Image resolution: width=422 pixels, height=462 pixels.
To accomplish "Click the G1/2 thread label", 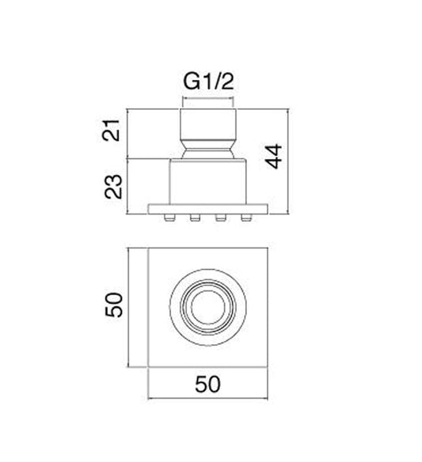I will [210, 81].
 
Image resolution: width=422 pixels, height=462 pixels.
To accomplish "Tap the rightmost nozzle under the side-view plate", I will [253, 217].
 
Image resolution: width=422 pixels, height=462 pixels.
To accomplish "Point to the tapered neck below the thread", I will [209, 148].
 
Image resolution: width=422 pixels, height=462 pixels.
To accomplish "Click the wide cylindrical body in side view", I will [209, 183].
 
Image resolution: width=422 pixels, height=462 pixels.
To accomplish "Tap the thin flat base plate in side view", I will [209, 209].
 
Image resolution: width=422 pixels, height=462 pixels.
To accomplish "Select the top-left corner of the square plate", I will [150, 250].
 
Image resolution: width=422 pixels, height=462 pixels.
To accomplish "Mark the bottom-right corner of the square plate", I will [269, 369].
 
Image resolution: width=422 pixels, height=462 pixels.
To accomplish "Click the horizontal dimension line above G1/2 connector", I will [209, 100].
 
